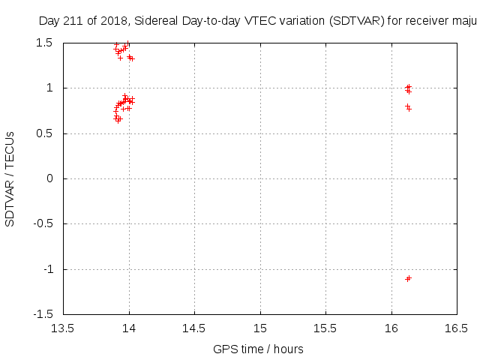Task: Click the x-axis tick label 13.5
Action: point(63,328)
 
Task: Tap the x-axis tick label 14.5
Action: point(194,328)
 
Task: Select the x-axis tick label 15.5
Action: point(325,328)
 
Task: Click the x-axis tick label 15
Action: point(260,328)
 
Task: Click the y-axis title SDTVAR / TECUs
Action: point(10,178)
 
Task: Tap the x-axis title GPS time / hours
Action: point(258,349)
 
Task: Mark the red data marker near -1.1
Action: point(408,278)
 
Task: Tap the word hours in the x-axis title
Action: point(288,349)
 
